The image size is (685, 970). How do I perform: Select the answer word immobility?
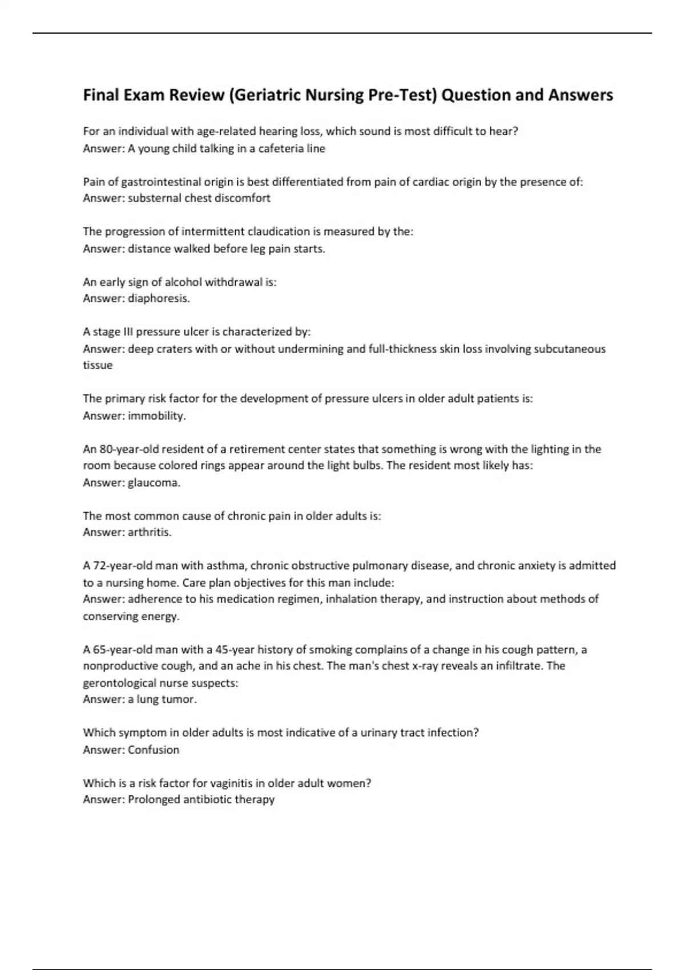point(156,416)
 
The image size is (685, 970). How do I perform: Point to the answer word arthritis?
point(150,532)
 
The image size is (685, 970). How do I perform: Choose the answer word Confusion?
point(154,750)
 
